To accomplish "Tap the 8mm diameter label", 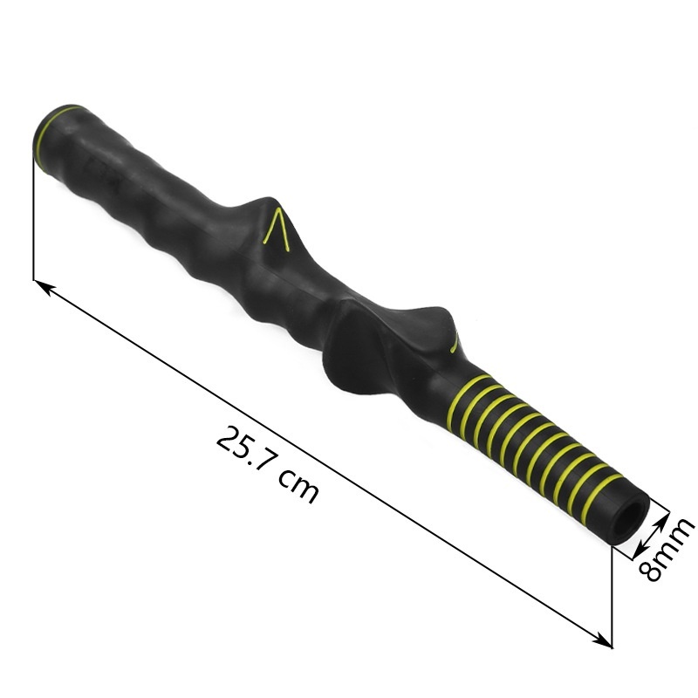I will (x=667, y=549).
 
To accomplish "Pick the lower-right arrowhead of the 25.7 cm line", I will (x=603, y=641).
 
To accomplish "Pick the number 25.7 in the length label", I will (x=245, y=450).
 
